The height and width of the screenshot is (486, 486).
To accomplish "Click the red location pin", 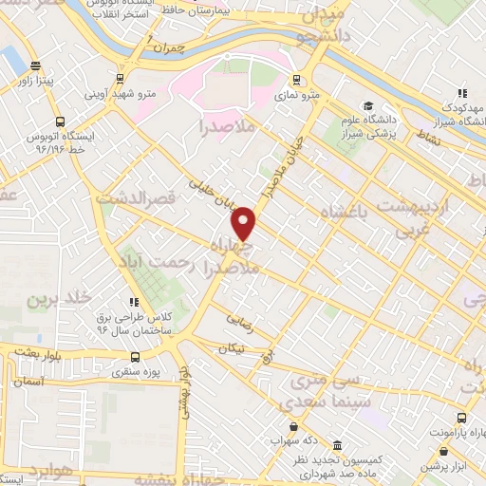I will (244, 223).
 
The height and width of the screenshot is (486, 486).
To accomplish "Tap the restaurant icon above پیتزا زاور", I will (36, 66).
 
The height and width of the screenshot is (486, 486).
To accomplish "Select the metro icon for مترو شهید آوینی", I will (120, 78).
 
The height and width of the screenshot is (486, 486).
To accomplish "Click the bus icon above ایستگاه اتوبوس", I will (61, 122).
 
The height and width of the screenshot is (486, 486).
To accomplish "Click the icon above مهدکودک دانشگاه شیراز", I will (462, 93).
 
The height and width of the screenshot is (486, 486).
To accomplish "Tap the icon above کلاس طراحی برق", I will (133, 301).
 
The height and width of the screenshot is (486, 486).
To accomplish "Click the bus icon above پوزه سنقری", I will (135, 357).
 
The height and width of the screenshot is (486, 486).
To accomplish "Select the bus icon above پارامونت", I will (461, 418).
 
